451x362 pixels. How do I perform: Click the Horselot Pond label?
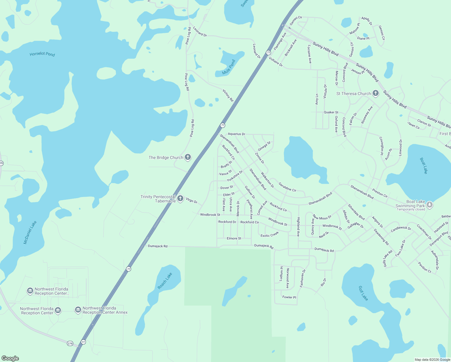42,54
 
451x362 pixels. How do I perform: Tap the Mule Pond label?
229,67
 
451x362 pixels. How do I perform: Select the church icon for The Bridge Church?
188,157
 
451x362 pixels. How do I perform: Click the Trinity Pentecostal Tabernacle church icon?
180,198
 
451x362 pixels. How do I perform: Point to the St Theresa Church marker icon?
376,93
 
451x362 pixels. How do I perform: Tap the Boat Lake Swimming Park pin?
430,205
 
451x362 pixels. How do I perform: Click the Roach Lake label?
165,281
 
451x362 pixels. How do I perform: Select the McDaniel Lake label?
30,232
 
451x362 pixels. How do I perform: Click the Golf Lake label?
363,293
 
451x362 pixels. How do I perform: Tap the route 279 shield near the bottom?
70,343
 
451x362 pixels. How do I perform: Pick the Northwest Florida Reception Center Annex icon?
78,310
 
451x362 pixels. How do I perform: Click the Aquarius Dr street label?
236,134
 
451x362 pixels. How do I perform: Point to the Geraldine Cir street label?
287,187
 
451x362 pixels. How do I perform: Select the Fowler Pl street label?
289,297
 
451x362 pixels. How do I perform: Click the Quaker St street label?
331,112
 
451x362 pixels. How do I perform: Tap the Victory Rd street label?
228,95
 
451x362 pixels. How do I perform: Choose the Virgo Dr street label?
191,200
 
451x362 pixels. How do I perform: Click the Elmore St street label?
234,238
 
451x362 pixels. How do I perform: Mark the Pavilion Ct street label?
424,267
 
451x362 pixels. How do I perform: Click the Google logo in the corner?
10,358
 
